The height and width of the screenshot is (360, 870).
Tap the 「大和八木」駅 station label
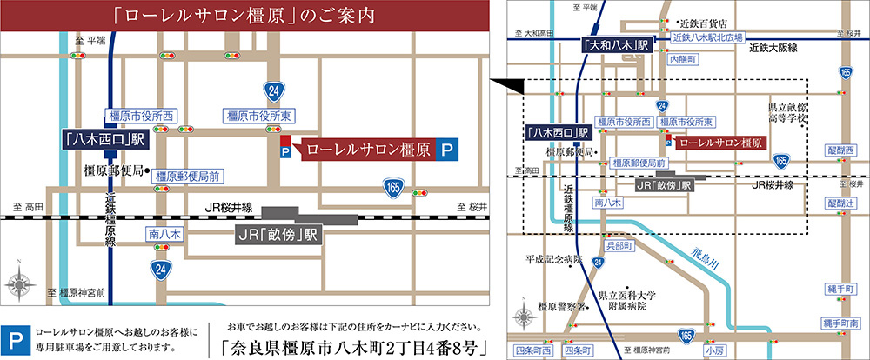pos(617,43)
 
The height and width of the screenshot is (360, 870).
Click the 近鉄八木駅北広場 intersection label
pos(708,38)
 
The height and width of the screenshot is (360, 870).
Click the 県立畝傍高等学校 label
pos(787,111)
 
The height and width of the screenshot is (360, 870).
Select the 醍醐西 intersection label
pos(842,149)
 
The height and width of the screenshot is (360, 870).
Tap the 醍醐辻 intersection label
pos(842,203)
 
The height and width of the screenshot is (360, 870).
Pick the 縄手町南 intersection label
pos(840,322)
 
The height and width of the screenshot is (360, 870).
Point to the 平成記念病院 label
pos(552,259)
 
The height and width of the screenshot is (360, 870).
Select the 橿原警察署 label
pos(559,306)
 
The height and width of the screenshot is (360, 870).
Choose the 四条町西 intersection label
pos(532,350)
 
